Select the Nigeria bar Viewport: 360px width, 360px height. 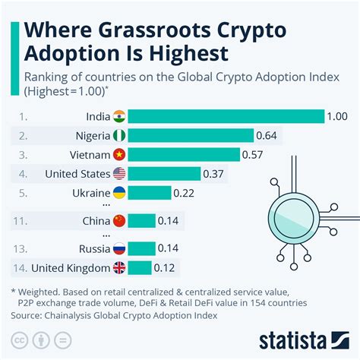click(x=191, y=135)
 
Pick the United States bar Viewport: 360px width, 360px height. click(x=164, y=173)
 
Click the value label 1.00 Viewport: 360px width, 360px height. click(x=338, y=116)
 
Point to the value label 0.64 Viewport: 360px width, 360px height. click(x=267, y=135)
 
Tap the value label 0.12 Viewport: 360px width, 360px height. click(x=166, y=267)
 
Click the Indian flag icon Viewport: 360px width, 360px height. click(x=119, y=116)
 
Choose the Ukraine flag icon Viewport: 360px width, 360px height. click(x=119, y=192)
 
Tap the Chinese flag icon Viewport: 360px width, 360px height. click(x=119, y=221)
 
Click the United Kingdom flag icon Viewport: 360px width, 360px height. click(x=119, y=267)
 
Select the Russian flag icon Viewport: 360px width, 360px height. click(x=119, y=248)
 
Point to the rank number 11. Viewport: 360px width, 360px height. click(x=22, y=221)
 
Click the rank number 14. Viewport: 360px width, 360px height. click(x=22, y=267)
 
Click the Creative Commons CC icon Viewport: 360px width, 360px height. click(x=21, y=338)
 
